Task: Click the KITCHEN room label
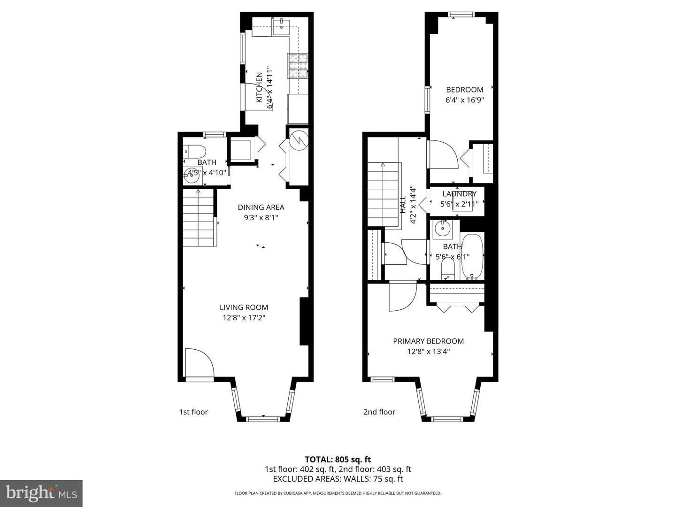[259, 88]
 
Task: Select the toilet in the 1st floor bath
[196, 151]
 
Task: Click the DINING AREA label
[261, 207]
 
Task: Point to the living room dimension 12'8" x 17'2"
[244, 318]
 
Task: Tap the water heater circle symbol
[297, 139]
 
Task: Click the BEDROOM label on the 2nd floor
[464, 90]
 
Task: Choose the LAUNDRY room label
[459, 194]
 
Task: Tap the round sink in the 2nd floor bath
[442, 229]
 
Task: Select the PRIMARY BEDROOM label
[428, 341]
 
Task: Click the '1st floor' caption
[193, 412]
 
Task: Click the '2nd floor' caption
[379, 412]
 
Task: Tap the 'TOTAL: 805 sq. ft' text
[338, 460]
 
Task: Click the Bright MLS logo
[41, 493]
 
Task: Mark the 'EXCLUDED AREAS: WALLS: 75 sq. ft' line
[338, 479]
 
